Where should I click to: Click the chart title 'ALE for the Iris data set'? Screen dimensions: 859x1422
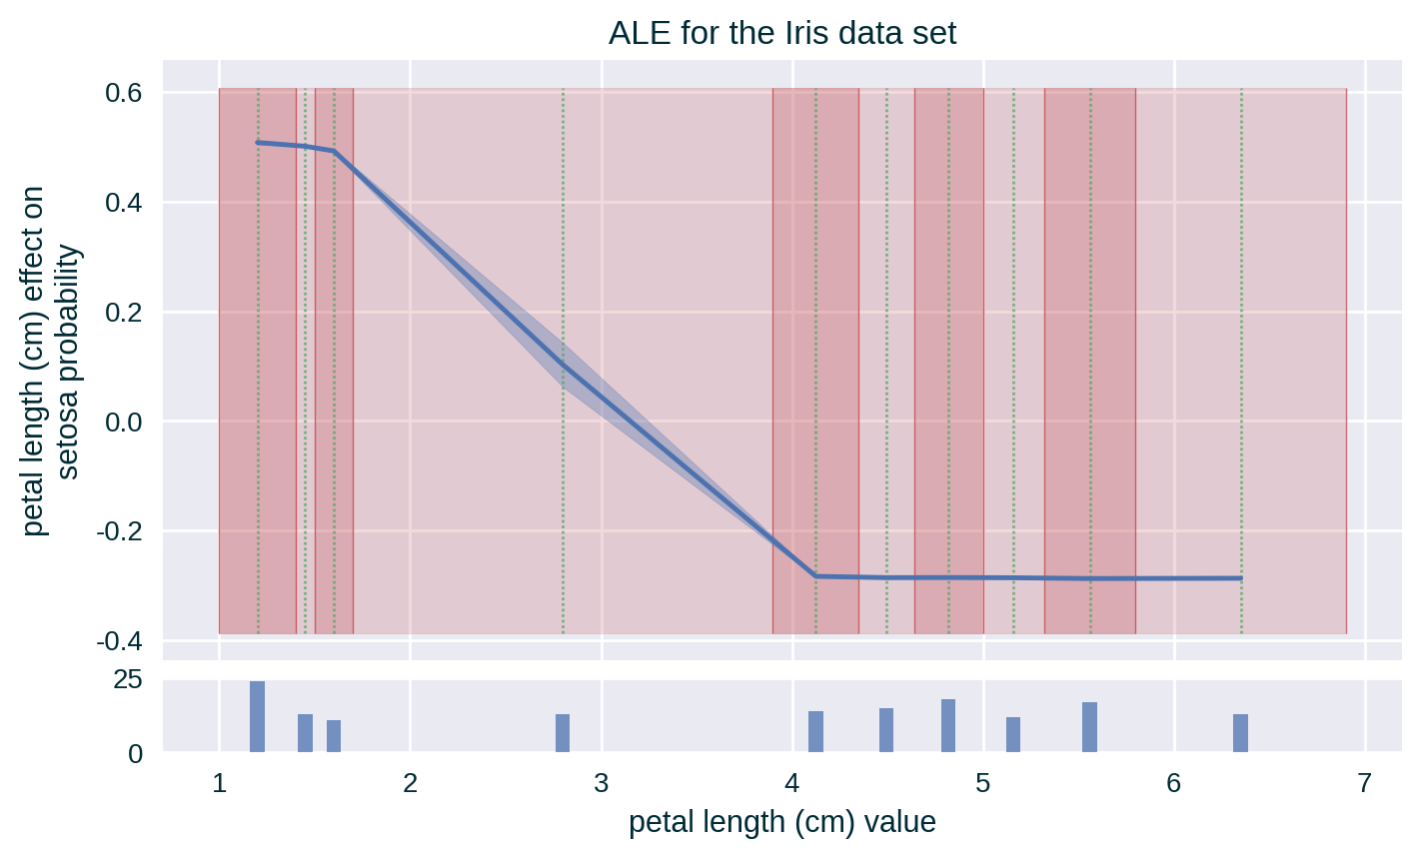click(782, 33)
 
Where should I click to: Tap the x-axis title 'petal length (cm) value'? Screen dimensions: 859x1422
click(782, 822)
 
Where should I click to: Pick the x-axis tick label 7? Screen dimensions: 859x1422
click(1365, 783)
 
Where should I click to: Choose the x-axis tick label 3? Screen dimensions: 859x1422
click(602, 783)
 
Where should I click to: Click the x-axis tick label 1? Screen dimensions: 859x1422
click(219, 783)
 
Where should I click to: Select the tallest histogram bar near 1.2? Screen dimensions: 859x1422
click(257, 716)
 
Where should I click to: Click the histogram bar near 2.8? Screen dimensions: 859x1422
click(563, 732)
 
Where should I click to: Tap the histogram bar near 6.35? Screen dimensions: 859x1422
click(1240, 732)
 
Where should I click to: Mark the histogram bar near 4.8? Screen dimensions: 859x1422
click(948, 725)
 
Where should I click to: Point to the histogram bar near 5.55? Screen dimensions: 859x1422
click(1089, 726)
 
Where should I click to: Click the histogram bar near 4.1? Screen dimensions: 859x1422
click(815, 731)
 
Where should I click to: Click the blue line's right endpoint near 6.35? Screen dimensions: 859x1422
click(1240, 578)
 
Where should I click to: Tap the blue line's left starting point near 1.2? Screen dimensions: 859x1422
click(258, 143)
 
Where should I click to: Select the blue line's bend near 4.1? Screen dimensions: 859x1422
click(815, 576)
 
